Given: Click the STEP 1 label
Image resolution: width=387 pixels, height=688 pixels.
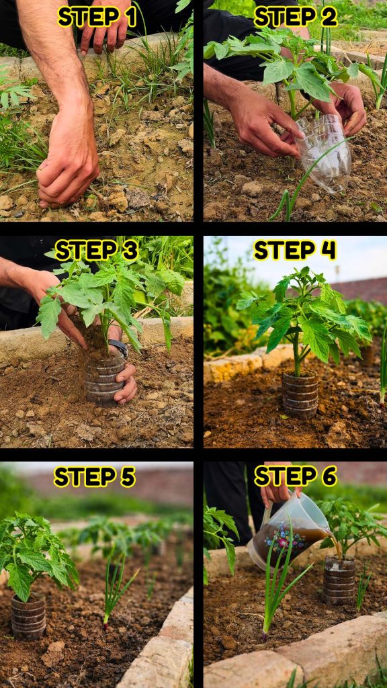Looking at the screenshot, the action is coord(97,17).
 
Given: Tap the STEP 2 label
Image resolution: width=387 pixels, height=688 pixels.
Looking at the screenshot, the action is coord(296,17).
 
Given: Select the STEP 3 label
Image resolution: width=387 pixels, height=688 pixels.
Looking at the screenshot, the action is coord(97,250).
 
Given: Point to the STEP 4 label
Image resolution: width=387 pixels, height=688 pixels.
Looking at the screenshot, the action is coord(295,250).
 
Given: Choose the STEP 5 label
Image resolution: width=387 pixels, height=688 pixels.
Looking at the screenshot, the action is coord(94,476).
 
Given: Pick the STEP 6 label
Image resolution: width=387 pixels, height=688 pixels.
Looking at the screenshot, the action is coord(296,476).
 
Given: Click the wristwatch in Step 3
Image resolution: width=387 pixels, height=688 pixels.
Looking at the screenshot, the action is coord(118,347).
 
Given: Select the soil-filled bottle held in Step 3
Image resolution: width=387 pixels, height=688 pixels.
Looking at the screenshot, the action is coord(104,378).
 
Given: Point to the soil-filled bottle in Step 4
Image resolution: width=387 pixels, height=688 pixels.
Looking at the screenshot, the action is coord(300,395).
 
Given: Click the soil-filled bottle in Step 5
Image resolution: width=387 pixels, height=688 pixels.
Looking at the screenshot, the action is coord(28,616).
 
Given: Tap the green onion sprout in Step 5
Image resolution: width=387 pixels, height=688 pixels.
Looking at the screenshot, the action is coord(115,587).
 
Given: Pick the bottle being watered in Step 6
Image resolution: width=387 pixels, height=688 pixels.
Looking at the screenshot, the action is coord(339,580).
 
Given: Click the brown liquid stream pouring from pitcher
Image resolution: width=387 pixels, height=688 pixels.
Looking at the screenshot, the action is coord(335,542).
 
